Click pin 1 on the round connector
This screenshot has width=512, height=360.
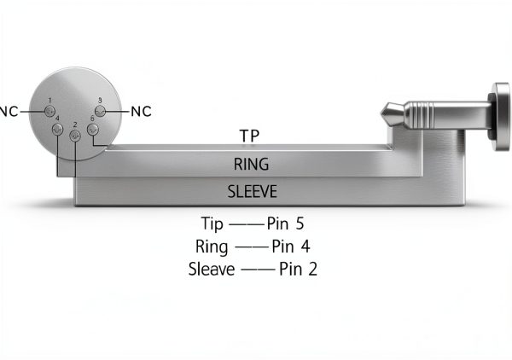[49, 111]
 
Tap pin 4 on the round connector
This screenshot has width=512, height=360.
[57, 130]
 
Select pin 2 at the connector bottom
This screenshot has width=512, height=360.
[75, 136]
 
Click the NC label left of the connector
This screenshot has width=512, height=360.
[9, 112]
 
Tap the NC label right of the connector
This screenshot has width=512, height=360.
[141, 112]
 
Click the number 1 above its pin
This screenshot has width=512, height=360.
[50, 100]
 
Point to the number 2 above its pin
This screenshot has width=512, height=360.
[75, 125]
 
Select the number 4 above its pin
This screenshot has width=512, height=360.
[57, 119]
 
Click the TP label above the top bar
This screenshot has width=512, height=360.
[249, 136]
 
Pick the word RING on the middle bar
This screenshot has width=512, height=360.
[252, 164]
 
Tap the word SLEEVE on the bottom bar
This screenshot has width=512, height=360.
[252, 191]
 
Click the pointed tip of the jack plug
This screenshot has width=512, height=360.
[381, 113]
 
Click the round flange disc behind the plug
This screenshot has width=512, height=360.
[501, 117]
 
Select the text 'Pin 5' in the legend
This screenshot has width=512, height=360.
[285, 224]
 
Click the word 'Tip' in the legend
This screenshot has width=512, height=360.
[212, 224]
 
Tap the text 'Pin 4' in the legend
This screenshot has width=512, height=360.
[291, 247]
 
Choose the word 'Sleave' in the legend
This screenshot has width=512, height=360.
[212, 270]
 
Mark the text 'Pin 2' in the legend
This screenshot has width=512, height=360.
[298, 270]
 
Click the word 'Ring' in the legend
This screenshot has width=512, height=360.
[212, 247]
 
